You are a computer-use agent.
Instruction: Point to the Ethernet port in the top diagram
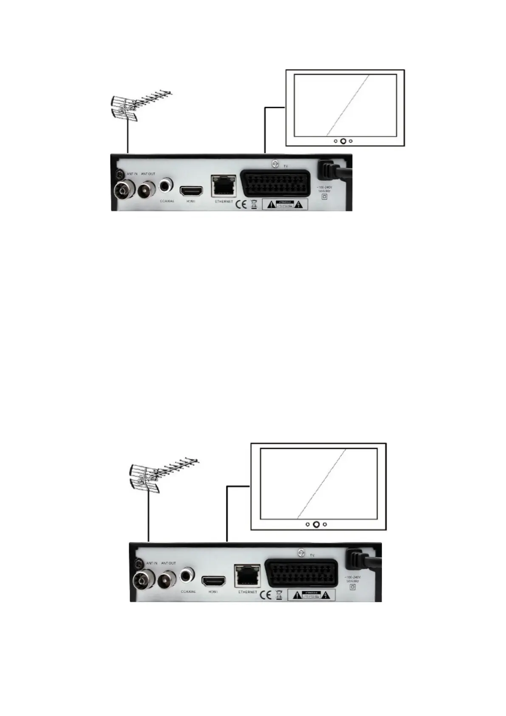tap(223, 186)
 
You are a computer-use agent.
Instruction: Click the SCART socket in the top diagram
tap(272, 183)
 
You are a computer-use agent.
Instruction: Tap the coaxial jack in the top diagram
tap(165, 185)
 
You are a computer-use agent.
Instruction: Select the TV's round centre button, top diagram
tap(343, 141)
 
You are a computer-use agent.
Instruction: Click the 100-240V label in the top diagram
tap(325, 189)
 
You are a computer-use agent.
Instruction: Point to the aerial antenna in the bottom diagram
tap(159, 475)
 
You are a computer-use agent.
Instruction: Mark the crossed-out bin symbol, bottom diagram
tap(279, 594)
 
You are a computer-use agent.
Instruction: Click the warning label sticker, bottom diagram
tap(311, 594)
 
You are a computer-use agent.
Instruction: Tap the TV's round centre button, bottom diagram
tap(316, 524)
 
